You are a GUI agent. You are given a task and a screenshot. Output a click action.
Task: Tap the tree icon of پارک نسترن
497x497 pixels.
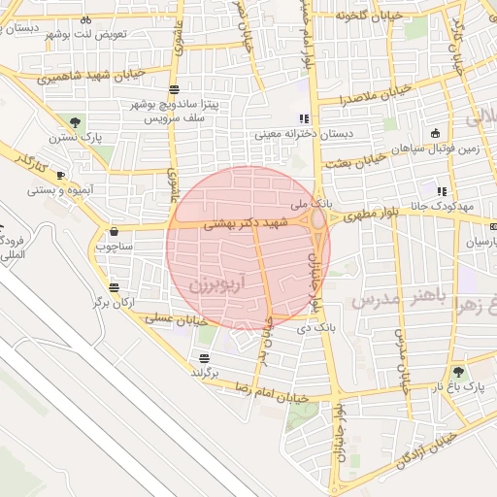(x=75, y=122)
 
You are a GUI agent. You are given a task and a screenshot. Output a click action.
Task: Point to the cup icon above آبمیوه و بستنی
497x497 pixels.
(x=60, y=176)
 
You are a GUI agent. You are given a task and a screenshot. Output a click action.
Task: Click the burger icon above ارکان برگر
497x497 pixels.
(x=116, y=288)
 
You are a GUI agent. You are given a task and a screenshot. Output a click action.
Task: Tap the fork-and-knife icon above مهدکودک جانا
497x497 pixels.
(x=443, y=191)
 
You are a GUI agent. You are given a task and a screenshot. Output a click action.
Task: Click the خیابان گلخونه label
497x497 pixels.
(x=368, y=17)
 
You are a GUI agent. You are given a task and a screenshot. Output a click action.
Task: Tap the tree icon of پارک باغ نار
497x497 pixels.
(x=457, y=372)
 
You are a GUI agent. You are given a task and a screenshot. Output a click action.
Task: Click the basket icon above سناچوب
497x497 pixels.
(x=115, y=232)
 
